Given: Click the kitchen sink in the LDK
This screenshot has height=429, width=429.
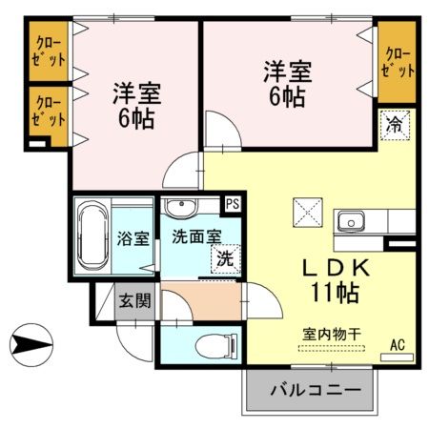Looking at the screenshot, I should click(x=351, y=222).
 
